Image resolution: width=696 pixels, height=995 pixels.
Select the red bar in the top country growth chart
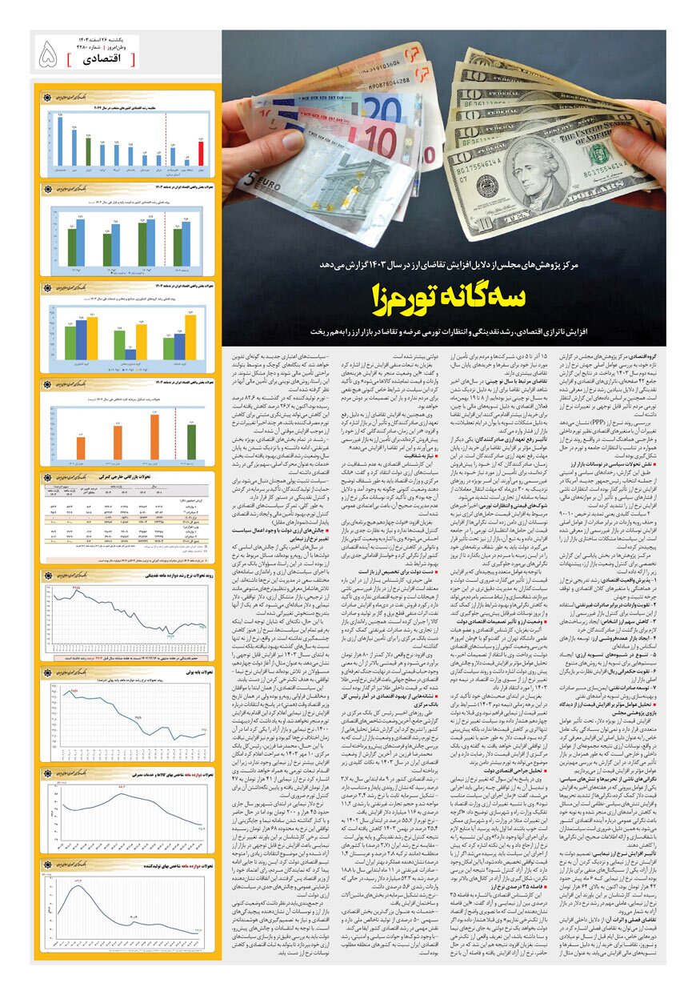(x=201, y=153)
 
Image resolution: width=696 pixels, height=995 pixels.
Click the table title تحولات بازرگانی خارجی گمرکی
(x=127, y=475)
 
